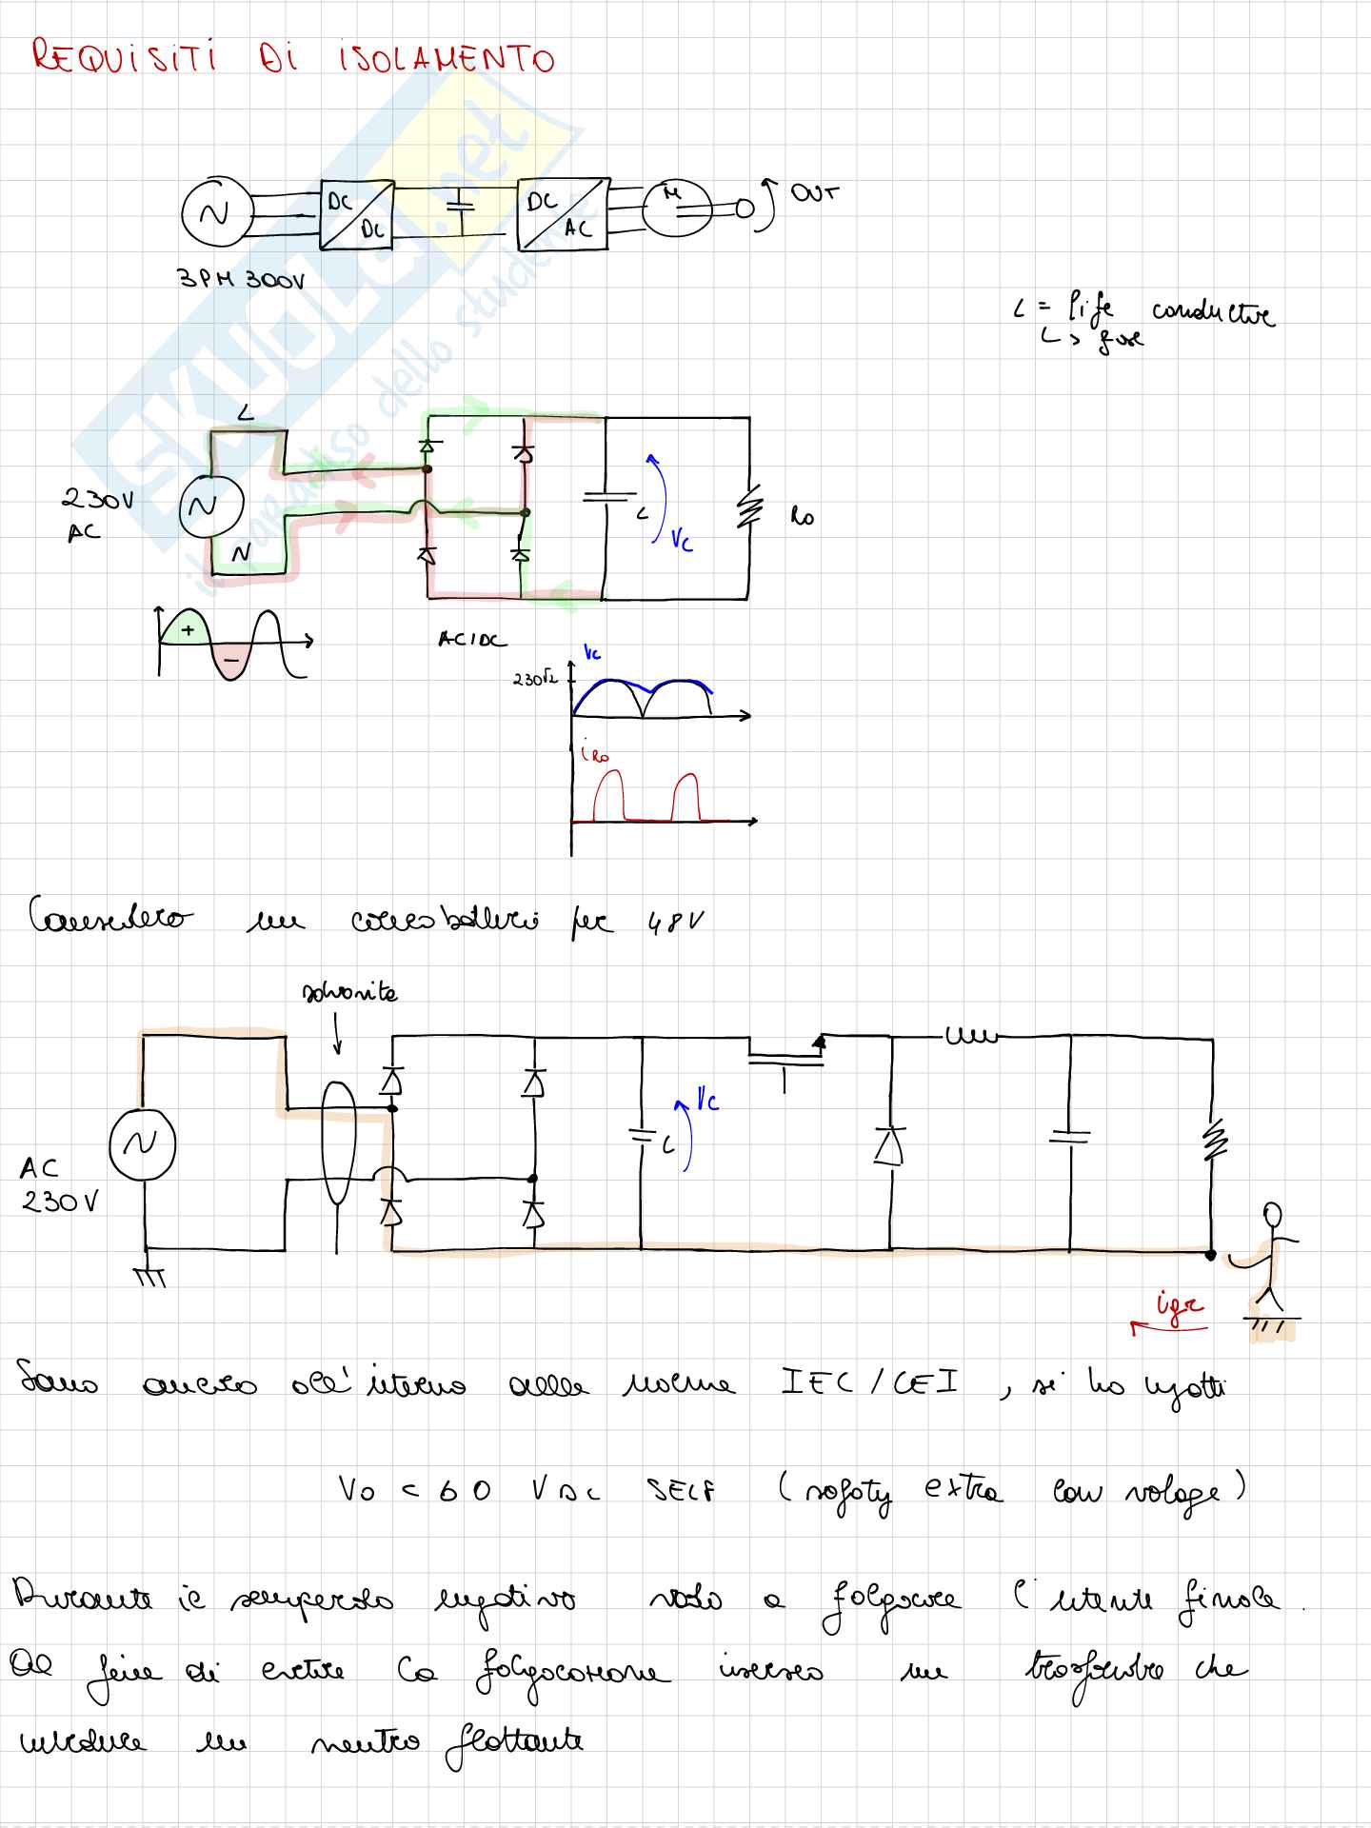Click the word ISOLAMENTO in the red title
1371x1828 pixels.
pos(446,59)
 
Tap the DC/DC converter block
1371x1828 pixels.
pos(356,215)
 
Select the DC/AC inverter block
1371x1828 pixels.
pos(563,214)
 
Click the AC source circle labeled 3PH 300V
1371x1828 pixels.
pos(216,213)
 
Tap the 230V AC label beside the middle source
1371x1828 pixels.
pos(95,514)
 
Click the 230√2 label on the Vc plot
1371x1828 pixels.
pos(534,680)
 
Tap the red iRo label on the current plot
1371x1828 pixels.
pos(594,755)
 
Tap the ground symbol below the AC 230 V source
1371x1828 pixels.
pos(149,1276)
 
